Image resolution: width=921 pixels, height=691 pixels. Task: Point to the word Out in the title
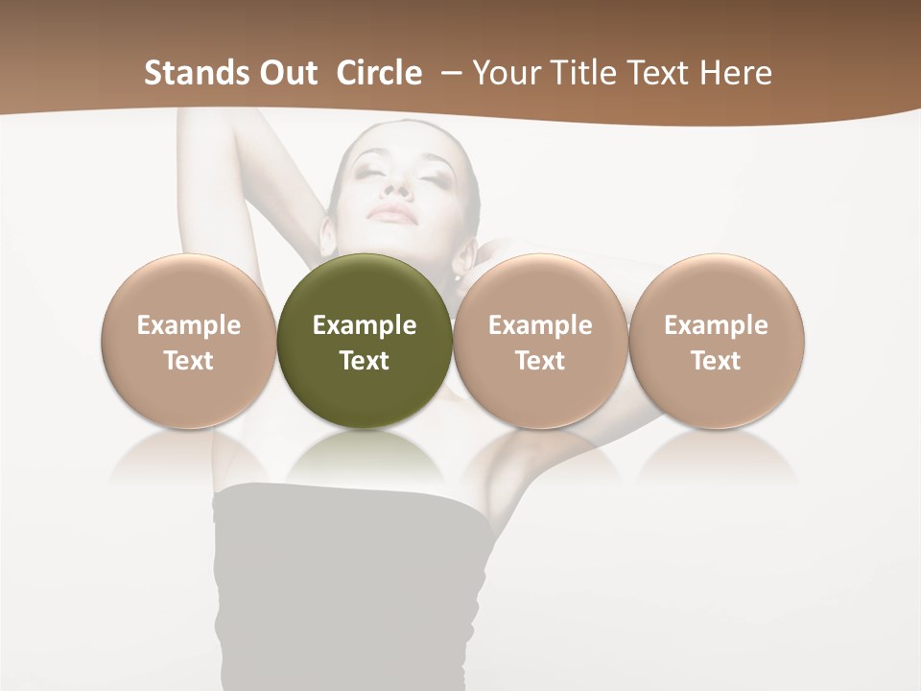click(x=284, y=73)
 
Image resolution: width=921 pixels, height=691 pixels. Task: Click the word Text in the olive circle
click(x=365, y=361)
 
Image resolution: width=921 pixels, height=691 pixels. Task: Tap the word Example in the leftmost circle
click(x=188, y=325)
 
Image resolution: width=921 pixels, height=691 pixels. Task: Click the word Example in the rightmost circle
click(x=716, y=325)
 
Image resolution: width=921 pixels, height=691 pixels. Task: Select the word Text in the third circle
click(x=540, y=361)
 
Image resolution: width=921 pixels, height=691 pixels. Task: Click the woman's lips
click(x=394, y=213)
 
